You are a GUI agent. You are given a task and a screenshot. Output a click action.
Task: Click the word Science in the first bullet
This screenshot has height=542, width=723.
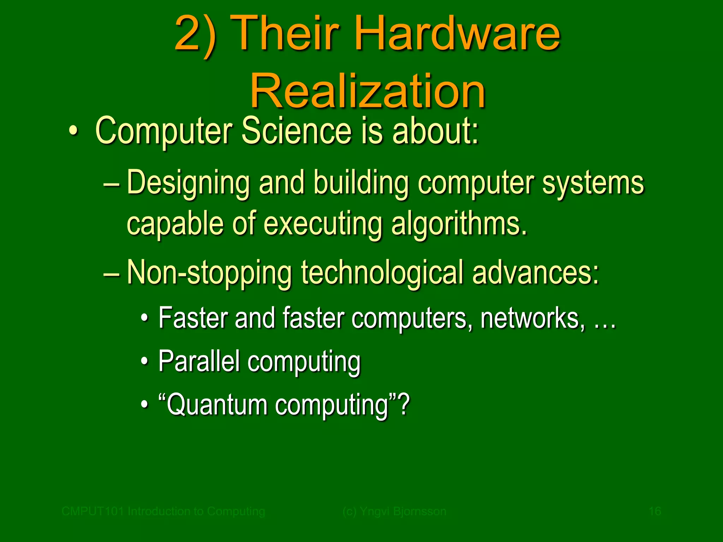(x=297, y=131)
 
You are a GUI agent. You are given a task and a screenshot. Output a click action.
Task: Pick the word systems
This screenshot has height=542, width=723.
(x=593, y=183)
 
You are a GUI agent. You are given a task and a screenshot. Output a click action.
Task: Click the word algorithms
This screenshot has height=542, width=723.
(x=459, y=224)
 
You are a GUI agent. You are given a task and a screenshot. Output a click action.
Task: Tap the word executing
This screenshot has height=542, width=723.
(x=323, y=224)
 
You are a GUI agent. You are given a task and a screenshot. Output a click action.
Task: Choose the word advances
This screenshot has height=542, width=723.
(x=535, y=273)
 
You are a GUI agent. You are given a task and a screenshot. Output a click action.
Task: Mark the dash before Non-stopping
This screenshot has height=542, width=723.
(x=112, y=274)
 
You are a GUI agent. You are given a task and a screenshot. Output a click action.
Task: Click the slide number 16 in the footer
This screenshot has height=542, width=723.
(x=655, y=511)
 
